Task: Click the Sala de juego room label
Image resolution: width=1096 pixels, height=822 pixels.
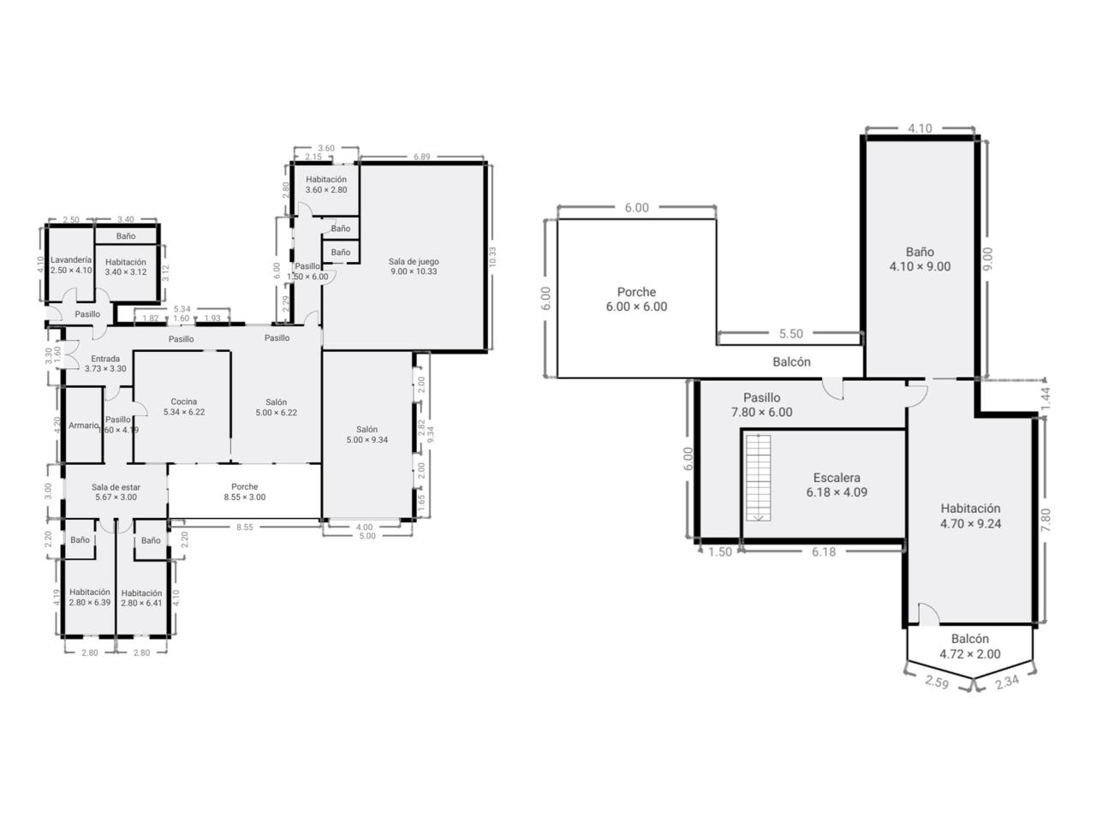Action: pos(414,266)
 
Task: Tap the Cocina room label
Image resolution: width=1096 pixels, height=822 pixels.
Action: pos(184,407)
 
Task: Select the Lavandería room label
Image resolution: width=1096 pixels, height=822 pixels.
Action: pos(71,265)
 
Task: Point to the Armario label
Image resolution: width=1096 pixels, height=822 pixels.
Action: pos(83,426)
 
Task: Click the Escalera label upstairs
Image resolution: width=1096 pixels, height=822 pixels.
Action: pos(837,485)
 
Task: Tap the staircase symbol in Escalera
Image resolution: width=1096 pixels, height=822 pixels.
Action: pos(758,478)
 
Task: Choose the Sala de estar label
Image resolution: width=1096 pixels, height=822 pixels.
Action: pos(116,492)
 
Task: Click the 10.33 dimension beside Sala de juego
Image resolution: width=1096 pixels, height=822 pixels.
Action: pos(492,257)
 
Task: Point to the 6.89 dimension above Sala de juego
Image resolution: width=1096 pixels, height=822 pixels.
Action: pos(421,157)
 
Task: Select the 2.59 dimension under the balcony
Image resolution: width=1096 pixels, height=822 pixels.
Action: pos(936,682)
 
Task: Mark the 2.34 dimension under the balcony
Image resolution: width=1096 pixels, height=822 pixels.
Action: pos(1007,682)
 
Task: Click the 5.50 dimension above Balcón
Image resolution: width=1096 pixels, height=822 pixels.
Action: pos(791,334)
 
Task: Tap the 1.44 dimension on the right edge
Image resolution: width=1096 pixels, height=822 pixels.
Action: pos(1045,400)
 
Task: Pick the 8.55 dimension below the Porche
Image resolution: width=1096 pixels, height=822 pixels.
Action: pos(245,527)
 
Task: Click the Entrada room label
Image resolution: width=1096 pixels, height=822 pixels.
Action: pos(105,363)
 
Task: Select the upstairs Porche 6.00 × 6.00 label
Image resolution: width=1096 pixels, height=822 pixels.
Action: pos(637,299)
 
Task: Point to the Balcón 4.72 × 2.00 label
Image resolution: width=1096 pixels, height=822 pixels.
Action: pos(969,646)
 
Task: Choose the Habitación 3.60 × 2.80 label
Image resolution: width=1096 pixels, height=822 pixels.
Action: pos(326,184)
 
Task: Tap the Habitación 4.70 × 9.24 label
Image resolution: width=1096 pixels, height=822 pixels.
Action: pos(970,516)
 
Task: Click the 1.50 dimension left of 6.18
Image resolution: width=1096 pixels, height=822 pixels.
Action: pos(720,551)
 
